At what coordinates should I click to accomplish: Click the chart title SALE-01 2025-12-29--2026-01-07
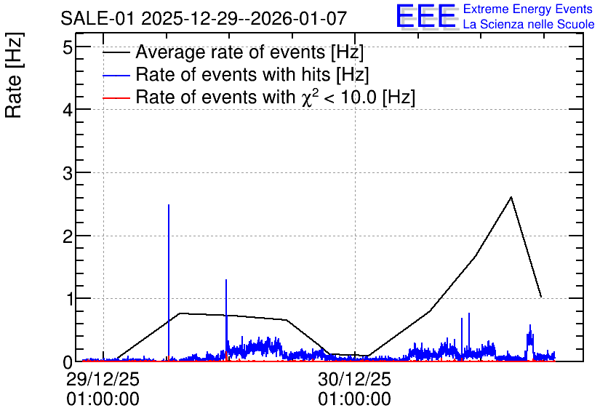204,18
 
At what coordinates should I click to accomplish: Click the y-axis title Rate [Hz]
14,75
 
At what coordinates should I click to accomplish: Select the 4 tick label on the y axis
68,111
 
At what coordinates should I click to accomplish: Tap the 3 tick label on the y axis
68,174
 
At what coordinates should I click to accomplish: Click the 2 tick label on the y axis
68,236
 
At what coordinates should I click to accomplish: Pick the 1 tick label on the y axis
68,300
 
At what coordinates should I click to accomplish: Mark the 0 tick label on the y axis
68,362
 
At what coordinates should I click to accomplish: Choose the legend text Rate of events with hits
252,74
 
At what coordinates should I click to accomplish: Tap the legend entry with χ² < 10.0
276,97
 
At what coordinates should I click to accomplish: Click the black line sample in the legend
116,52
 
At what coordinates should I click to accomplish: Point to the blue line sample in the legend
116,75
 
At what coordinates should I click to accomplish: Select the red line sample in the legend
116,97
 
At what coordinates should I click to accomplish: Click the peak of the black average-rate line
511,197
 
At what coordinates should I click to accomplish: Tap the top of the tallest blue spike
169,204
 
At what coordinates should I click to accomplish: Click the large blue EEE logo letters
426,16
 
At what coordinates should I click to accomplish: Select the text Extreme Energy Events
528,9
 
